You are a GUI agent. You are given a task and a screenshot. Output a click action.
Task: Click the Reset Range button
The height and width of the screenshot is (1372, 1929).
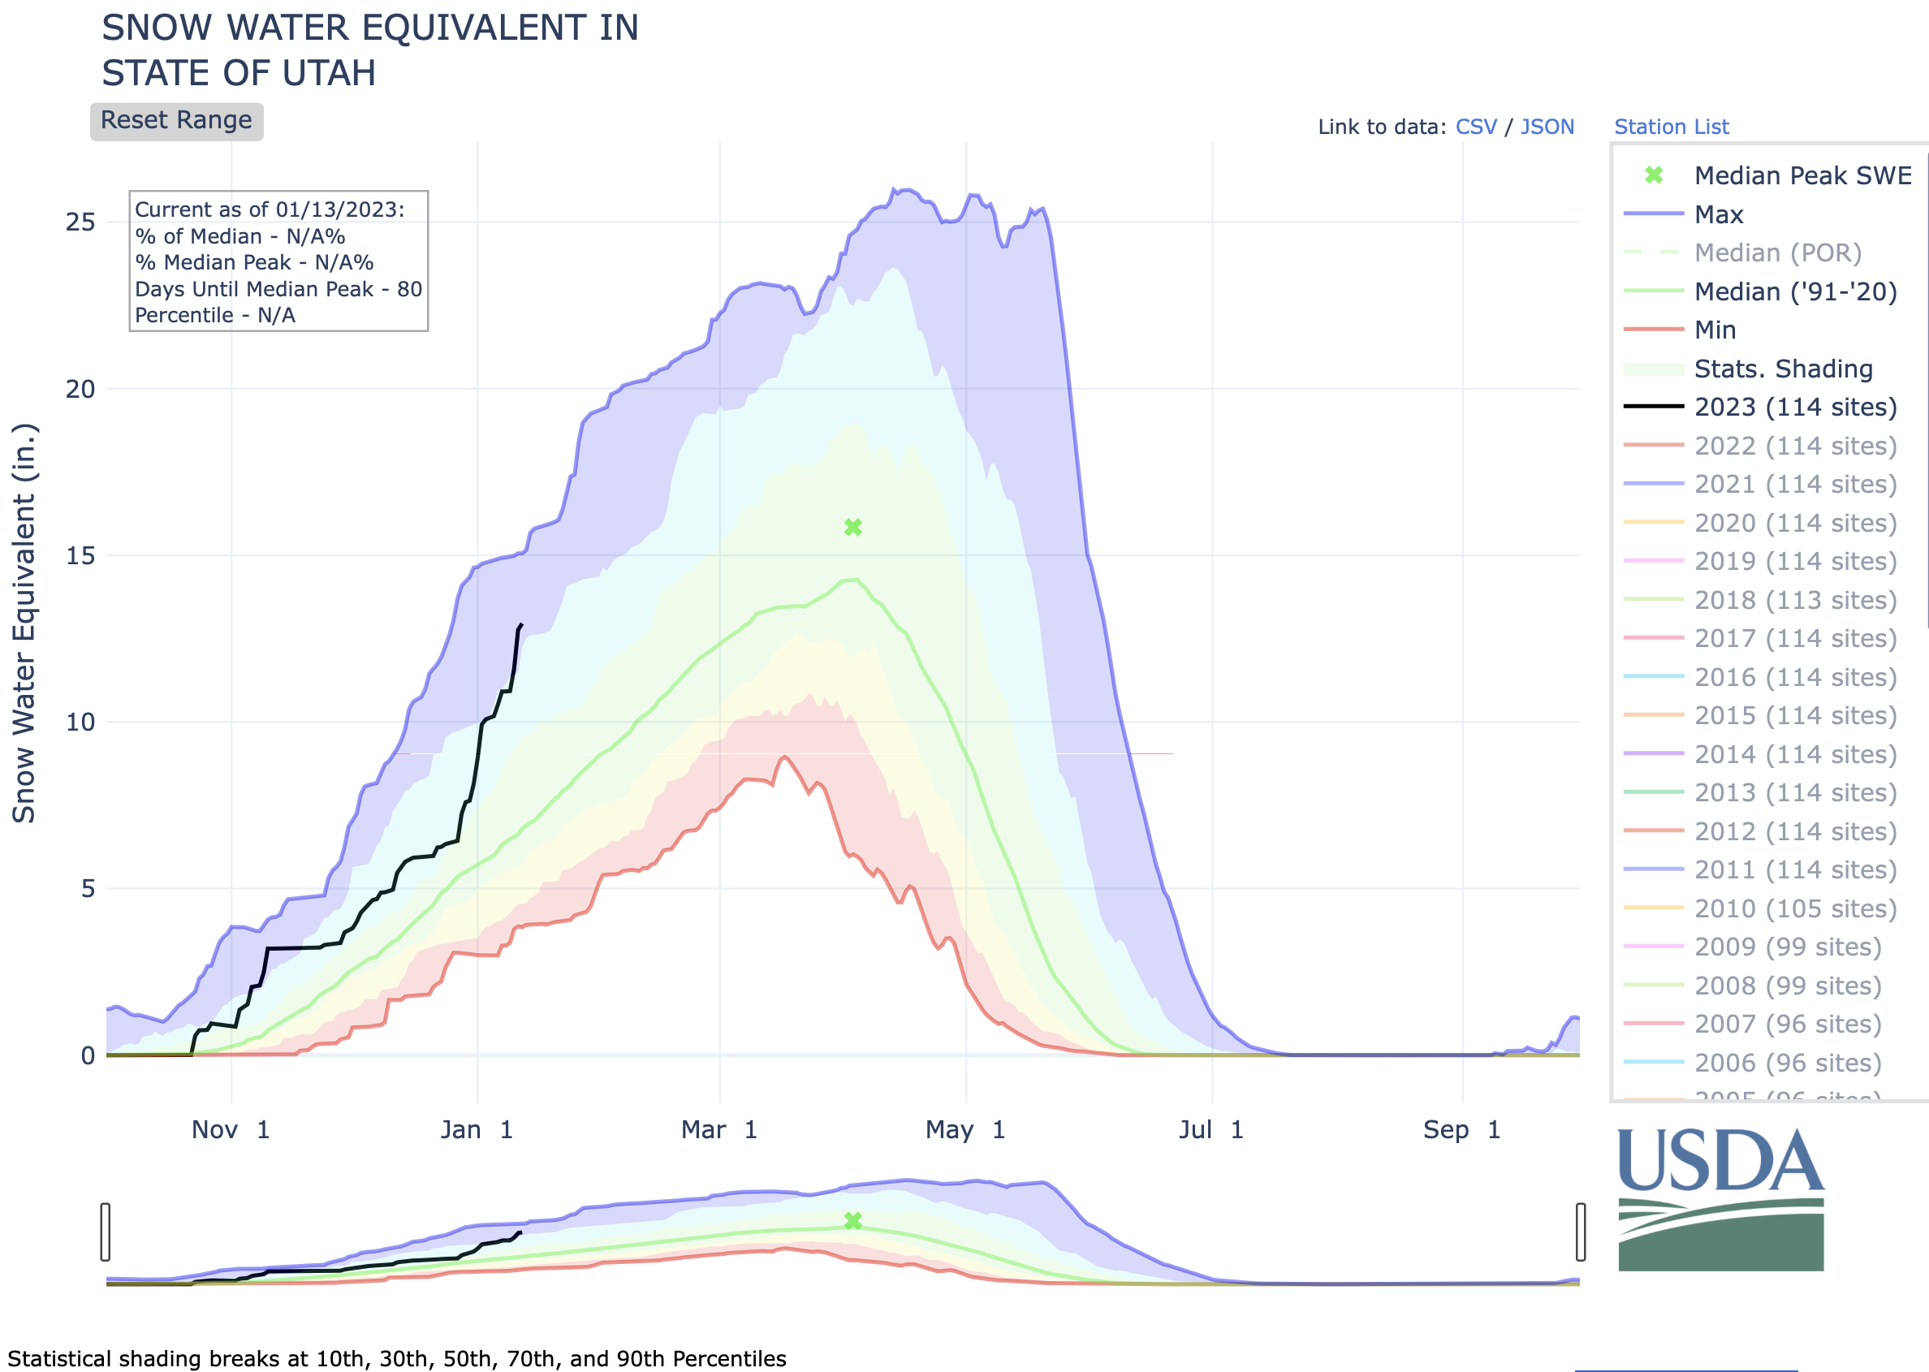tap(177, 121)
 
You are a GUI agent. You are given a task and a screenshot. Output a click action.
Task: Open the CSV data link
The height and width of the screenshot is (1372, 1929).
tap(1475, 127)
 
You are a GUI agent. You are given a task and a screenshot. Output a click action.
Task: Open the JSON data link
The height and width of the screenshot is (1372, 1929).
tap(1547, 127)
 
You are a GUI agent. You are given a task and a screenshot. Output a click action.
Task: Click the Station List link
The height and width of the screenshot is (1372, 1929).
tap(1671, 127)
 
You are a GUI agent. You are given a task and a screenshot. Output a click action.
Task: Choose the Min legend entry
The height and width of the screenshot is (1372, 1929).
tap(1715, 330)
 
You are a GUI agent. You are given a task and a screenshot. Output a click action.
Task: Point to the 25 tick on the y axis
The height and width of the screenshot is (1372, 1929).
tap(80, 222)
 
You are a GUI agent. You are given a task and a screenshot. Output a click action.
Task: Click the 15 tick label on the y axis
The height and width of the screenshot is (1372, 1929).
tap(80, 556)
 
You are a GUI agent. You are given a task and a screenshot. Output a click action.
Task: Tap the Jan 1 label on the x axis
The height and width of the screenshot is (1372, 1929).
tap(477, 1129)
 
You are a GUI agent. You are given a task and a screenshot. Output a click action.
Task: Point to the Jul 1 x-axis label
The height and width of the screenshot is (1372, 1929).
tap(1210, 1129)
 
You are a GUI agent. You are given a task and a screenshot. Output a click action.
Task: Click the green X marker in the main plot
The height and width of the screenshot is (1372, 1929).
tap(852, 528)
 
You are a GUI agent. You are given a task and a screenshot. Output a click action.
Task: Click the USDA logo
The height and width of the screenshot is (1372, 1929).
tap(1720, 1199)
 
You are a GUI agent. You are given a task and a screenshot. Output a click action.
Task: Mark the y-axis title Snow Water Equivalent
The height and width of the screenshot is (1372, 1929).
tap(24, 623)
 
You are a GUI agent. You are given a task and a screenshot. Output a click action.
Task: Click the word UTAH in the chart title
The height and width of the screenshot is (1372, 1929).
tap(329, 74)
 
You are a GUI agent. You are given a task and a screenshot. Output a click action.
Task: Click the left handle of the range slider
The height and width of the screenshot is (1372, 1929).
tap(106, 1232)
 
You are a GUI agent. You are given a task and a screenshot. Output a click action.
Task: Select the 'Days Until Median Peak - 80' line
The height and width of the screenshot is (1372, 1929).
tap(278, 289)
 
